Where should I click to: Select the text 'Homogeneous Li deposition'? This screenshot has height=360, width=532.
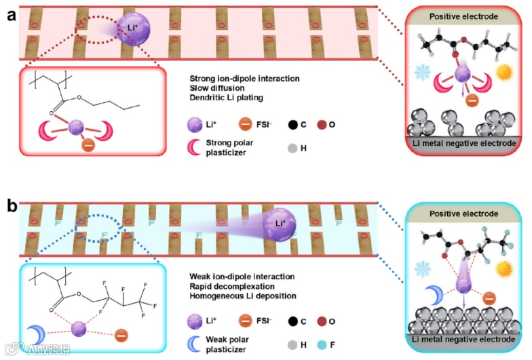point(242,296)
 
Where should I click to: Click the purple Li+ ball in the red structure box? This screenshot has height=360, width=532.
point(76,126)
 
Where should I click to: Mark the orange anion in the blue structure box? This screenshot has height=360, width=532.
point(121,334)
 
